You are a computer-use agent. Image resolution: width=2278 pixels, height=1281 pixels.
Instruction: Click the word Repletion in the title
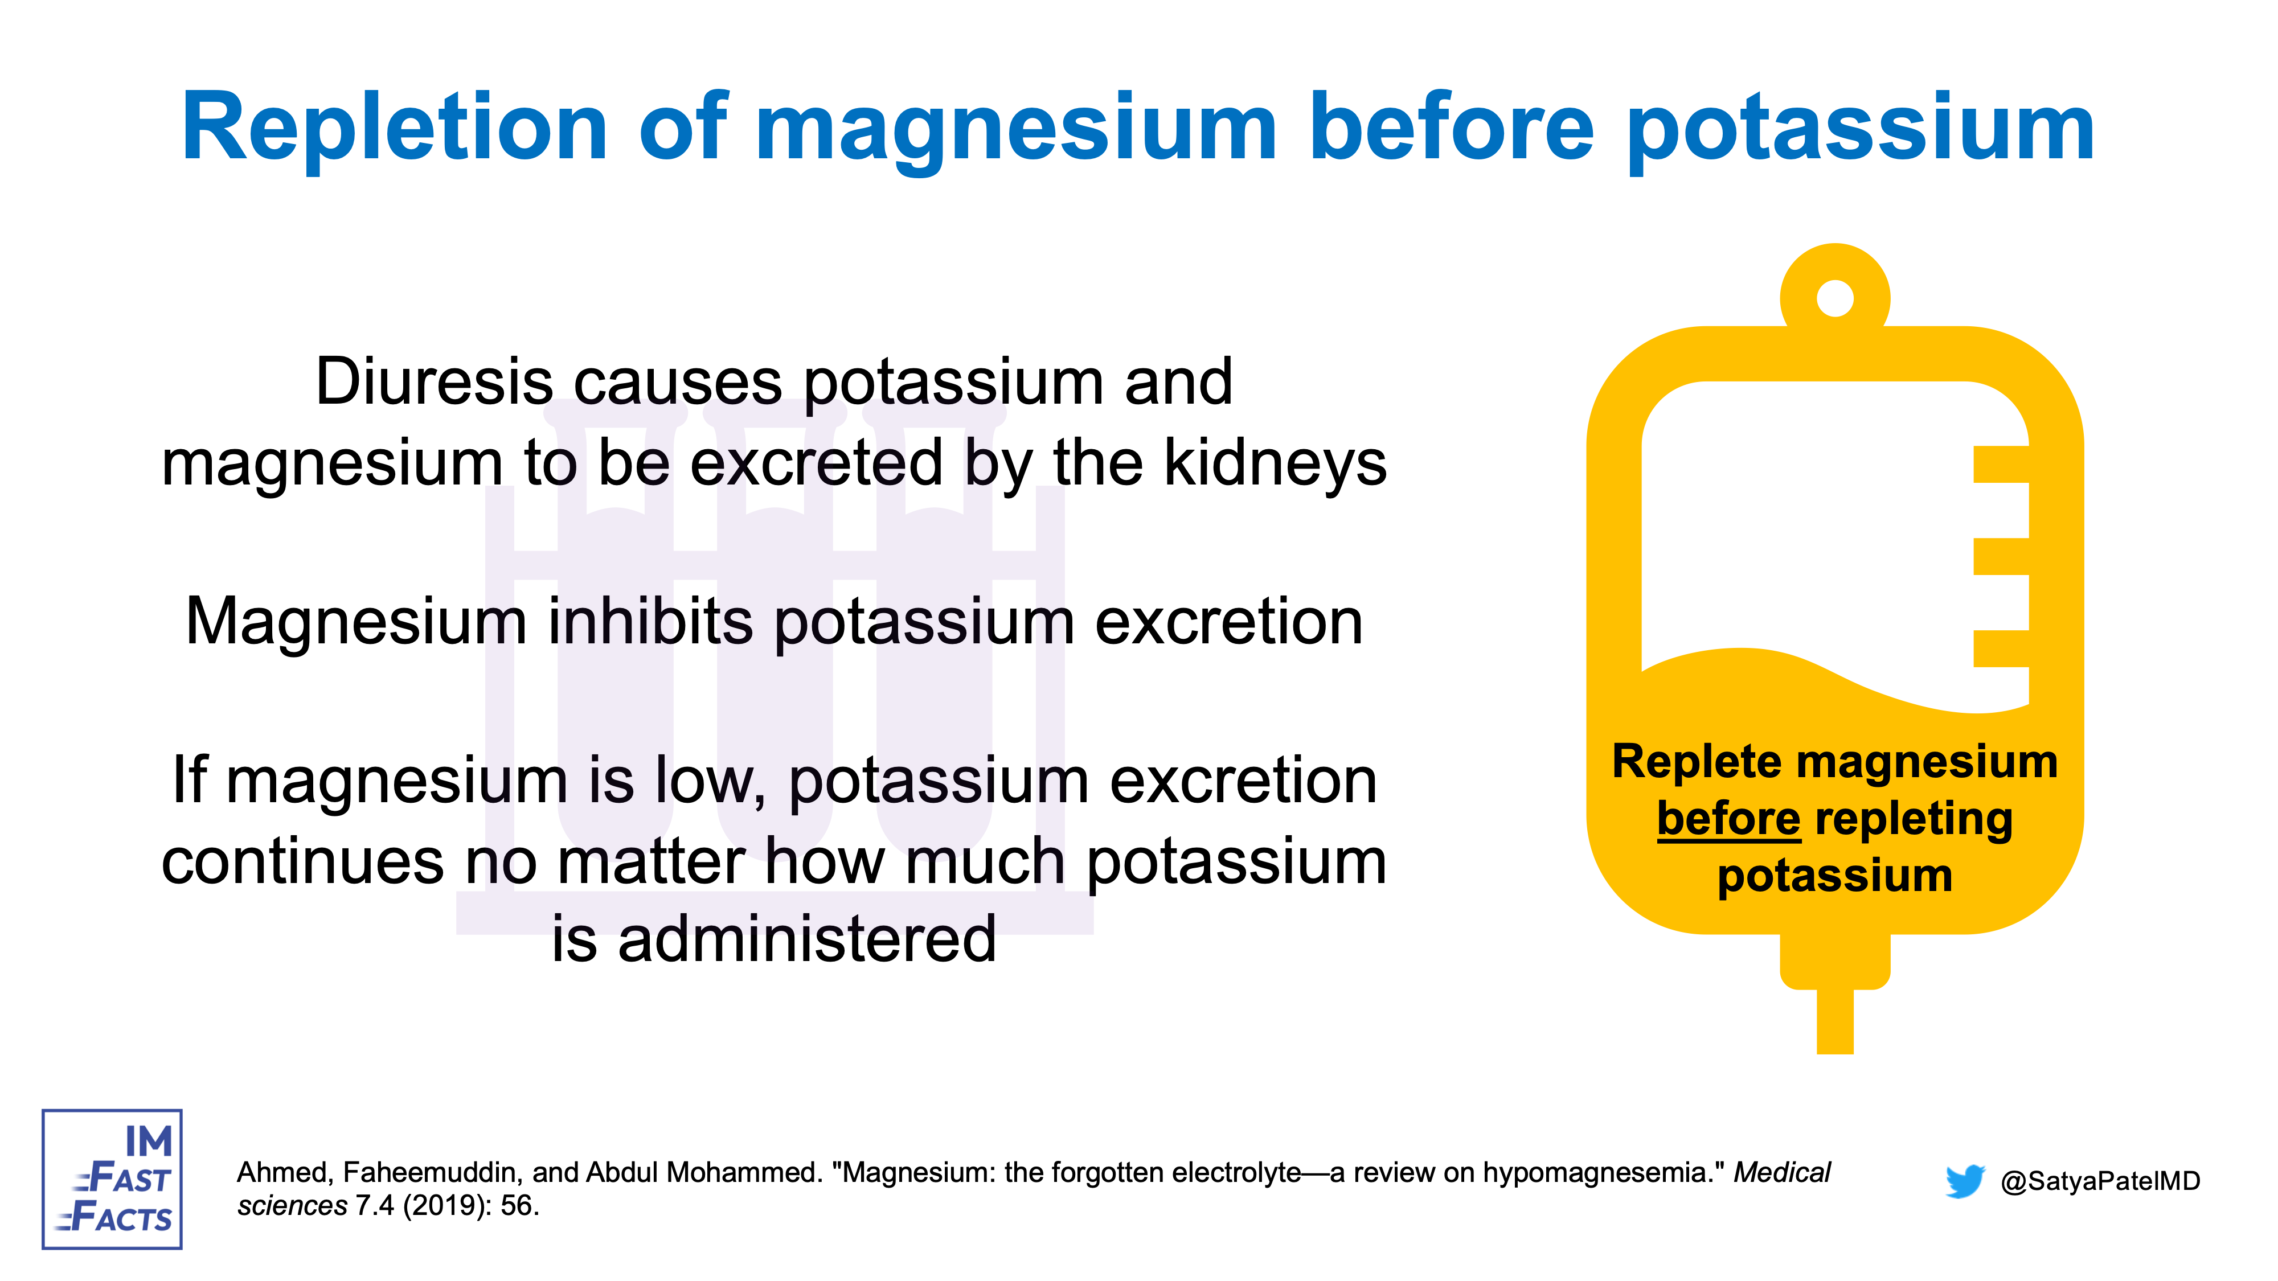coord(395,128)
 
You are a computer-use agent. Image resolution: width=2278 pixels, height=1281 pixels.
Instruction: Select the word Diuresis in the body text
coord(434,383)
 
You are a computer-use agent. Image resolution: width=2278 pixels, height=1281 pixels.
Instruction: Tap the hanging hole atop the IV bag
coord(1835,298)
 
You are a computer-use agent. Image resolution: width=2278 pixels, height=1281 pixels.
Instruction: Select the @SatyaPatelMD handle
coord(2100,1181)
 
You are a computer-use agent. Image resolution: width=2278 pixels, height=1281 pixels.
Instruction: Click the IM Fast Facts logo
coord(112,1179)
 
